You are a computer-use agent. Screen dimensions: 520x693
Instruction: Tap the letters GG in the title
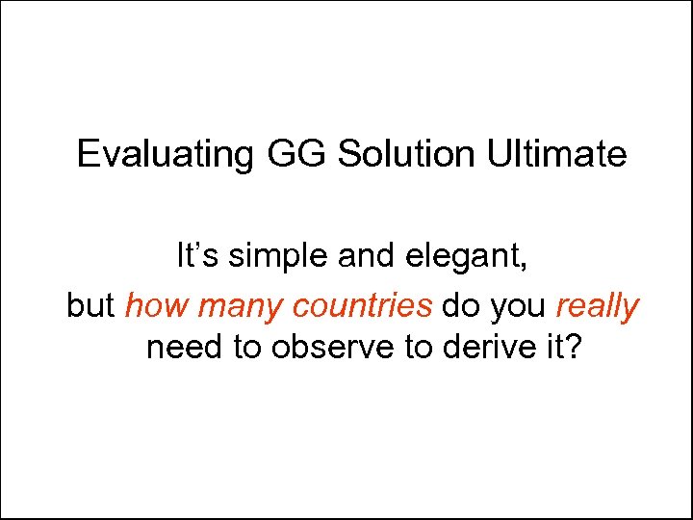[285, 154]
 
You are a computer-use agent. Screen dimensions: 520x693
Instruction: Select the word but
[91, 306]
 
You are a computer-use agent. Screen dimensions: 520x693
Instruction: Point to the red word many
[240, 307]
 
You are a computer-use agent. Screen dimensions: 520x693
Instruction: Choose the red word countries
[363, 306]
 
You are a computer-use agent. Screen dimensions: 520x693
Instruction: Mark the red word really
[598, 307]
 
